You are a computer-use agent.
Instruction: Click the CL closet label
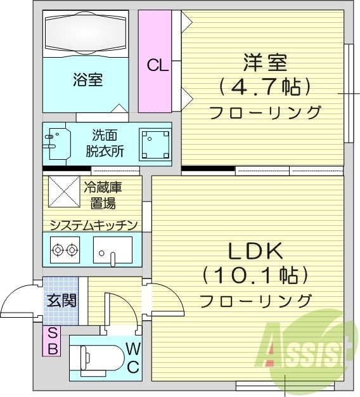pos(158,65)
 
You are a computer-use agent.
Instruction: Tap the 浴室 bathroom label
pos(87,80)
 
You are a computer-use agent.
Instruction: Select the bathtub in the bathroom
pos(88,33)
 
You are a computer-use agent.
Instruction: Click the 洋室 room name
pos(265,64)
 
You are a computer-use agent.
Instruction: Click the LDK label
pos(255,251)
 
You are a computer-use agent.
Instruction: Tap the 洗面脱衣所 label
pos(105,143)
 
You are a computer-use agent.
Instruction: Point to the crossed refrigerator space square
pos(61,191)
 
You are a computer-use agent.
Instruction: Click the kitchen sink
pos(112,250)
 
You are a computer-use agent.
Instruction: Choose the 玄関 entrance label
pos(61,299)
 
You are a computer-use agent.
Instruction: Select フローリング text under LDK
pos(255,300)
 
